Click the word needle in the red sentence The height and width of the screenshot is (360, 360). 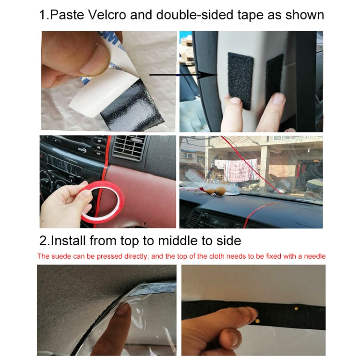tap(313, 256)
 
